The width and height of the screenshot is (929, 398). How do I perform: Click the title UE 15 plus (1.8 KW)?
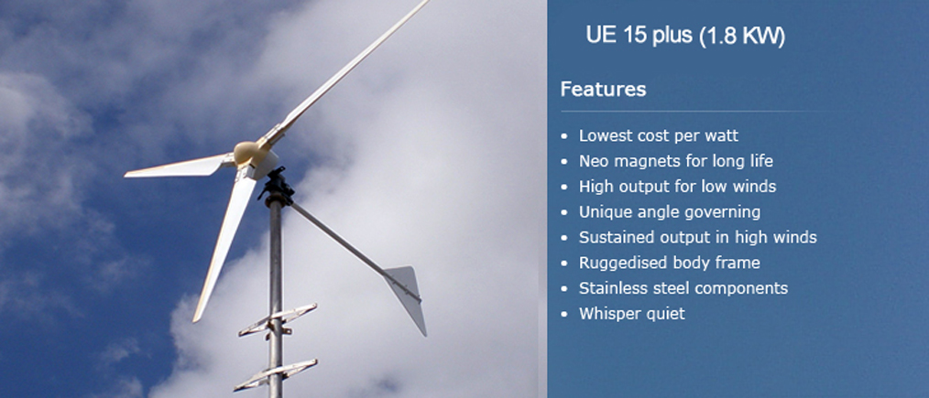click(685, 36)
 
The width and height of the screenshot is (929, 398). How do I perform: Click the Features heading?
click(603, 90)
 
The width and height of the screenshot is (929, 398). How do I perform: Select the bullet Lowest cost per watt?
click(658, 135)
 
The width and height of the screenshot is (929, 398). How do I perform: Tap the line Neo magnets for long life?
click(675, 161)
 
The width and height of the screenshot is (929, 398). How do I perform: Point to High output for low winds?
click(677, 187)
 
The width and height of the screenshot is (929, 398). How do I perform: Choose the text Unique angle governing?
click(670, 211)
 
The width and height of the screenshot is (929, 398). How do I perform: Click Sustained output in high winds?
click(697, 237)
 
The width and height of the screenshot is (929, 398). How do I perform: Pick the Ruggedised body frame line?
click(669, 263)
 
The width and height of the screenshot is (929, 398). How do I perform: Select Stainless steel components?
click(683, 288)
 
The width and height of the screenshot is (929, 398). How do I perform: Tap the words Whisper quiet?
click(631, 314)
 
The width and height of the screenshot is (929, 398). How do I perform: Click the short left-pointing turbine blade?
click(178, 167)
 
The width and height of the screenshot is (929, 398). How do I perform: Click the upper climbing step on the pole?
click(278, 320)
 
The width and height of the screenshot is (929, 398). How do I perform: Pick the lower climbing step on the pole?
click(276, 375)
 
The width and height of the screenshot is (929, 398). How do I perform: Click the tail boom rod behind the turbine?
click(350, 248)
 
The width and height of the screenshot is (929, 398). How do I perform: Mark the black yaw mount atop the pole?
click(276, 187)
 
